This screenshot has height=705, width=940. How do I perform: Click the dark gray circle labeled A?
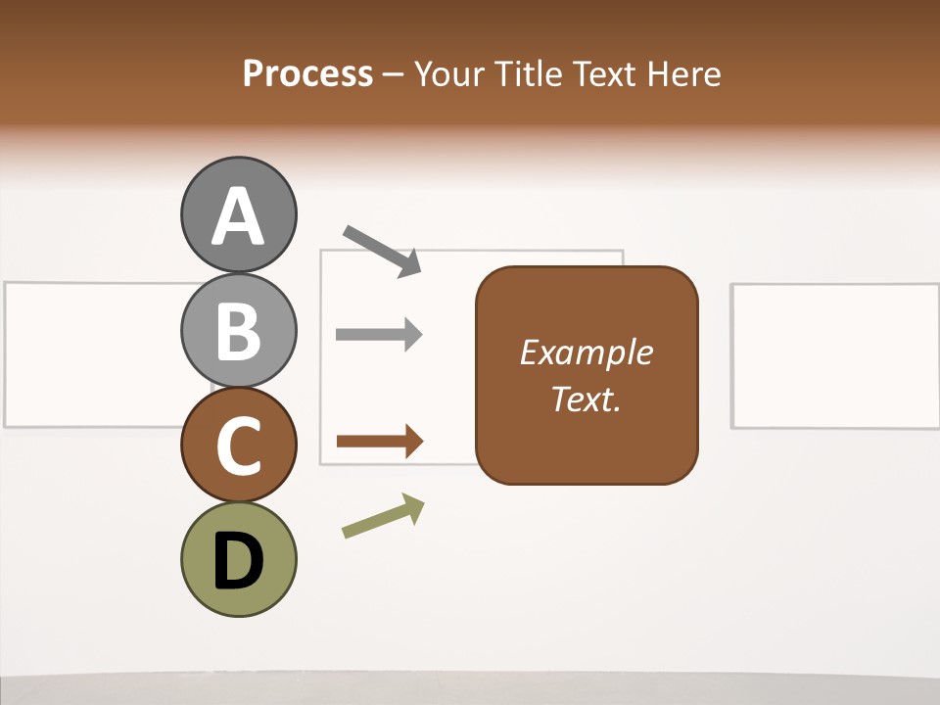(x=238, y=214)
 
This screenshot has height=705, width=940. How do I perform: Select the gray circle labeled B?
(x=238, y=330)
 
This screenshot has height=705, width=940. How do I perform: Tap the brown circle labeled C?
(x=238, y=446)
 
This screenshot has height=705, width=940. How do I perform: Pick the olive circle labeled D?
(x=238, y=560)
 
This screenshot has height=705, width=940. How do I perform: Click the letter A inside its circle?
(x=238, y=216)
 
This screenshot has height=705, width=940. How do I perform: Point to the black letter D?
(x=238, y=562)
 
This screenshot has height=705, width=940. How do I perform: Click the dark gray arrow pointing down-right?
(x=382, y=250)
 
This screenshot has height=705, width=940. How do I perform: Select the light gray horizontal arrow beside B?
(x=379, y=334)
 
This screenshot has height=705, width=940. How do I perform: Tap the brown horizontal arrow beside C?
(x=380, y=441)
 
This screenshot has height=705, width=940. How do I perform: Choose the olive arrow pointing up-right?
(x=383, y=516)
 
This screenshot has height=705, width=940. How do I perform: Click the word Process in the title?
(x=307, y=73)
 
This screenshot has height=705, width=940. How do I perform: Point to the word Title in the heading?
(x=530, y=73)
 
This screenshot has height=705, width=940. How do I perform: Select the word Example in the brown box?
(x=586, y=352)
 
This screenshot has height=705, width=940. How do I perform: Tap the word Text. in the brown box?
(x=586, y=399)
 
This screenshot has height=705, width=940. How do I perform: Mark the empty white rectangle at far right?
(x=835, y=355)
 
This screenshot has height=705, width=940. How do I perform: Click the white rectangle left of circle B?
(x=93, y=354)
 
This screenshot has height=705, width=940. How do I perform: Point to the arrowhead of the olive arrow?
(x=414, y=506)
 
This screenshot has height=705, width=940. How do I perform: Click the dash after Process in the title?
(x=394, y=74)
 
